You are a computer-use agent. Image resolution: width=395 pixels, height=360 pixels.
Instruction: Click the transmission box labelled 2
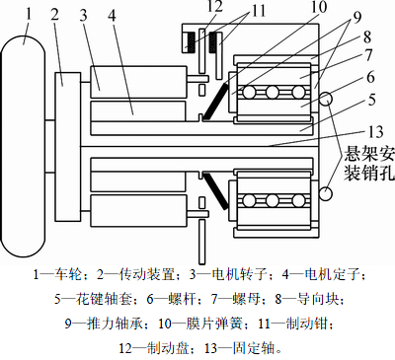(x=68, y=146)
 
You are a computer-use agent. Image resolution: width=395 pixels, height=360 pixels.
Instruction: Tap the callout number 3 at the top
(x=84, y=15)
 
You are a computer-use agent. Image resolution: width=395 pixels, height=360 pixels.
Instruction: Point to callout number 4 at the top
(x=112, y=15)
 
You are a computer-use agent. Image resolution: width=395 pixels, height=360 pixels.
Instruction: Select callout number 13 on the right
(x=375, y=132)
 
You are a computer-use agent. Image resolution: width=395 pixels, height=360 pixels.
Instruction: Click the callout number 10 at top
(x=319, y=7)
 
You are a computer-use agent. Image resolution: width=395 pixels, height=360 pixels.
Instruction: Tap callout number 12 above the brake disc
(x=215, y=7)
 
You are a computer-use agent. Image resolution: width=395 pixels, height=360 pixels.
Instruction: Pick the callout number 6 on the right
(x=370, y=77)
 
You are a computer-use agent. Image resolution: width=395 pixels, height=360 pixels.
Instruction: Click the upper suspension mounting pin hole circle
(x=326, y=99)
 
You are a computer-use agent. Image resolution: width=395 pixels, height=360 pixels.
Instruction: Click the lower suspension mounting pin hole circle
(x=326, y=193)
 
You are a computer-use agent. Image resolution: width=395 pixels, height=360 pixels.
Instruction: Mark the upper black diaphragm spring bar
(x=215, y=102)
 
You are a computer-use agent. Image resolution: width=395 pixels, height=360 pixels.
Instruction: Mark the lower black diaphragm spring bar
(x=215, y=190)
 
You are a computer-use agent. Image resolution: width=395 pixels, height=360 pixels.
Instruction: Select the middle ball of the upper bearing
(x=273, y=93)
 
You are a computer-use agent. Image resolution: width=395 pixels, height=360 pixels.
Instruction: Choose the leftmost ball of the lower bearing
(x=249, y=200)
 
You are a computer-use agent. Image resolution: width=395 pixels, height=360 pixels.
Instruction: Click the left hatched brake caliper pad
(x=190, y=41)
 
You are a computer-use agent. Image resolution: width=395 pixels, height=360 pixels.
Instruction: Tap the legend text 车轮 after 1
(x=68, y=275)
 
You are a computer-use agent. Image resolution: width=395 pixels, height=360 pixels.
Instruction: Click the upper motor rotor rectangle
(x=138, y=82)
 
